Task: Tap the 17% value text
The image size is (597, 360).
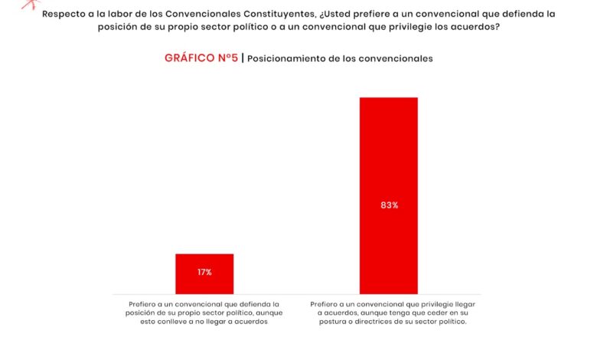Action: pyautogui.click(x=204, y=273)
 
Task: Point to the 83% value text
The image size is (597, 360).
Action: pyautogui.click(x=389, y=205)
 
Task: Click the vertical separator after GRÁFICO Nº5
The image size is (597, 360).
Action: pyautogui.click(x=243, y=58)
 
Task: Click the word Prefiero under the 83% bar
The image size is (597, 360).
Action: pyautogui.click(x=326, y=304)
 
